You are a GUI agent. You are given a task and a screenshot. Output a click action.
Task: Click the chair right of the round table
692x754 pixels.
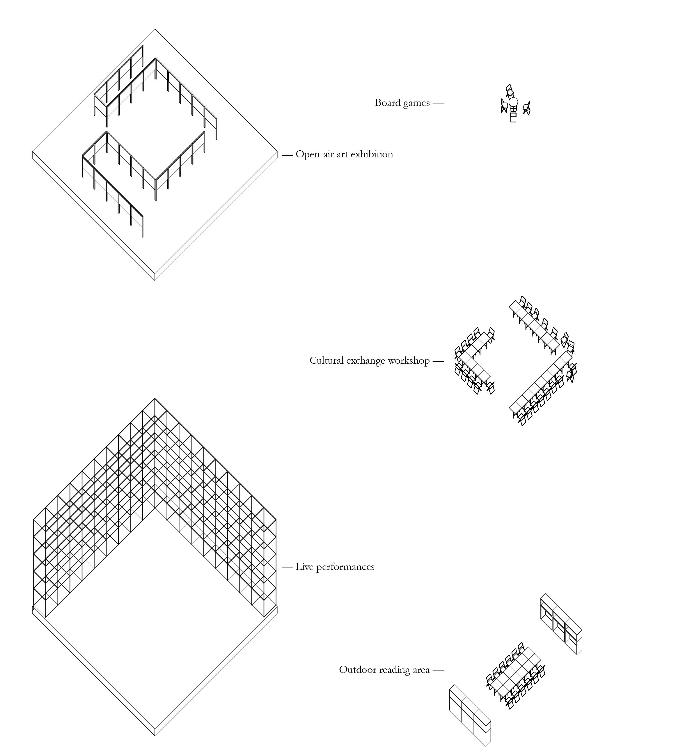[527, 108]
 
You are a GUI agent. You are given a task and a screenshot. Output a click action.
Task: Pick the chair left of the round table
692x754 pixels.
[504, 106]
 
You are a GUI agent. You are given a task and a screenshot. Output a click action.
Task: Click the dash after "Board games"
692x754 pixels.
[438, 103]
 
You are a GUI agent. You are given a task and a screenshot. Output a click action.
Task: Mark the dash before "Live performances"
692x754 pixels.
[287, 568]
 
